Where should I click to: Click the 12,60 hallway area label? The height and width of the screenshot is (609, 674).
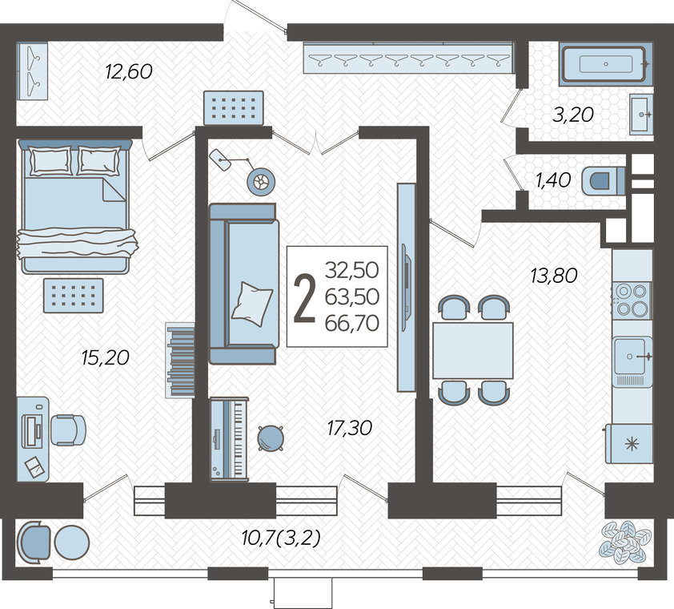pos(129,71)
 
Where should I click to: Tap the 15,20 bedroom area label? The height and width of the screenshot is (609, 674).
pos(106,357)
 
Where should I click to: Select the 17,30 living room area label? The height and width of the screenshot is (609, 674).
pos(350,428)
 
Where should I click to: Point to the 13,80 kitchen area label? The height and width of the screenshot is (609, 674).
pos(554,276)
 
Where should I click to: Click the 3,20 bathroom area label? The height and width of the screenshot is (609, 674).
pos(573,115)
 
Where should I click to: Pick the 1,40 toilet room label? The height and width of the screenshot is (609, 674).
pos(553,180)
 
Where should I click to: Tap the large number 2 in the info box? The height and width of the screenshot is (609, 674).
pos(304,297)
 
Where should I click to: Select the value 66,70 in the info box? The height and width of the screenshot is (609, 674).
pos(352,323)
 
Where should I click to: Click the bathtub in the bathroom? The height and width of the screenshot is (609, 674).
pos(604,64)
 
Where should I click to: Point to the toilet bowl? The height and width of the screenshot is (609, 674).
pos(603,181)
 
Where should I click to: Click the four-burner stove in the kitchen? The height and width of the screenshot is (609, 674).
pos(632,300)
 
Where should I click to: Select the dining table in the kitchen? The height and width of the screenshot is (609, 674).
pos(473,350)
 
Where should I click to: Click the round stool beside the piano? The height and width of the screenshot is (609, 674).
pos(271,438)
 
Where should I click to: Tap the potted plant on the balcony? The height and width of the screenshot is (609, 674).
pos(625,542)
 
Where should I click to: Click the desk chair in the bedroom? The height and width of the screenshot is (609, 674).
pos(68,430)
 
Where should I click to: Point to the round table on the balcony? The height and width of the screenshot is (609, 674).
pos(72,542)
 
